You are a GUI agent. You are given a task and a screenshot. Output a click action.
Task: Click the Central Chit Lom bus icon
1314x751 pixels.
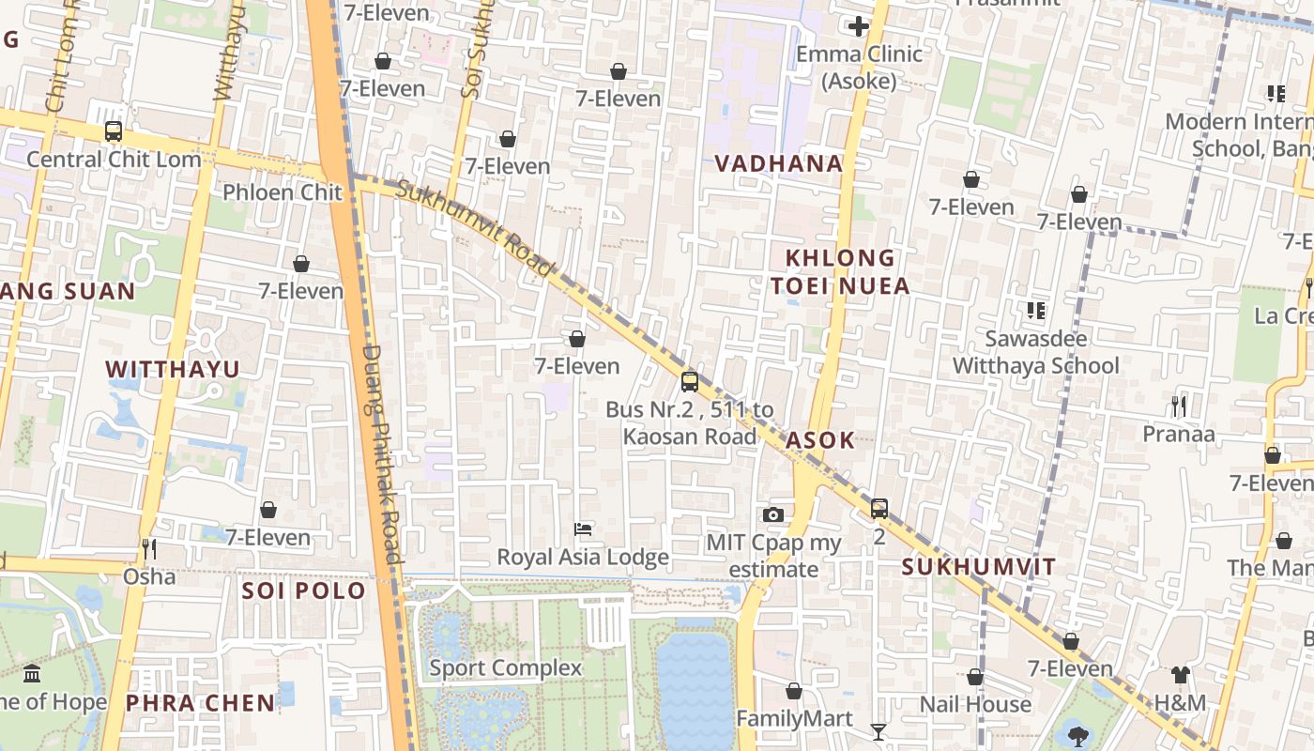[114, 131]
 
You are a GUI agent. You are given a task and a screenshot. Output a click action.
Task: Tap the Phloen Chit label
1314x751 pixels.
[283, 192]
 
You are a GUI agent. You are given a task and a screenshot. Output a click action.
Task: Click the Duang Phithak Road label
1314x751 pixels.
[383, 454]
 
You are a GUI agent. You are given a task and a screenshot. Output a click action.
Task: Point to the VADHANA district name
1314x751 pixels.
[779, 163]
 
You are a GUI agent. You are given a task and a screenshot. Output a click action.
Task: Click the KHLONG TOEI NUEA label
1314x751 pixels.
[840, 271]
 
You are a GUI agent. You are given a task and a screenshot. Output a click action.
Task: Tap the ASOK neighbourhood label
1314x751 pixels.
[820, 440]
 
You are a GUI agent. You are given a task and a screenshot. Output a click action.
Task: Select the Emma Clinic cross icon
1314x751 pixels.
[858, 26]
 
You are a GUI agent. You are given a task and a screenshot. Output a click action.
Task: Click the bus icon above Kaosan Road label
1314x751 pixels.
[690, 382]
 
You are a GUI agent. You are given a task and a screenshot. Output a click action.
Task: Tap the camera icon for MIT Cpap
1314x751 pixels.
[773, 514]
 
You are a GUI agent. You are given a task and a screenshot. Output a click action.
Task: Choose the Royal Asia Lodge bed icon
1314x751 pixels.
[583, 529]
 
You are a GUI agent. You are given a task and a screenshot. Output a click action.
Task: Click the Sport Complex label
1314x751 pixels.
[506, 668]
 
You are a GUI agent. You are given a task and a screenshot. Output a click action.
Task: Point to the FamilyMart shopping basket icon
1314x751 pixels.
[794, 692]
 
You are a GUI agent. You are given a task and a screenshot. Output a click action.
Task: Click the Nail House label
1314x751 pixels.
[975, 704]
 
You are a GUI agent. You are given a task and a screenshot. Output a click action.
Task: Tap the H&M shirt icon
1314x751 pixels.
[1180, 675]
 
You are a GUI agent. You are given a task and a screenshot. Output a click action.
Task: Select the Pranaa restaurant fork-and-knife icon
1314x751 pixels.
[1179, 406]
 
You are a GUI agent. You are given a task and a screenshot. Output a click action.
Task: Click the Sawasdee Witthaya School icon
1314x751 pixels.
[1036, 311]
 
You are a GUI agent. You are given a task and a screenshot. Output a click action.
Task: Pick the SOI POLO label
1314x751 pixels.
[303, 590]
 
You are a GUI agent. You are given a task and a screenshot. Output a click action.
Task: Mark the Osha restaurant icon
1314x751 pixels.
[148, 548]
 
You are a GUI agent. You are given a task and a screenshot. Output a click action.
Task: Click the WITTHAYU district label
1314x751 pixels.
[173, 369]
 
